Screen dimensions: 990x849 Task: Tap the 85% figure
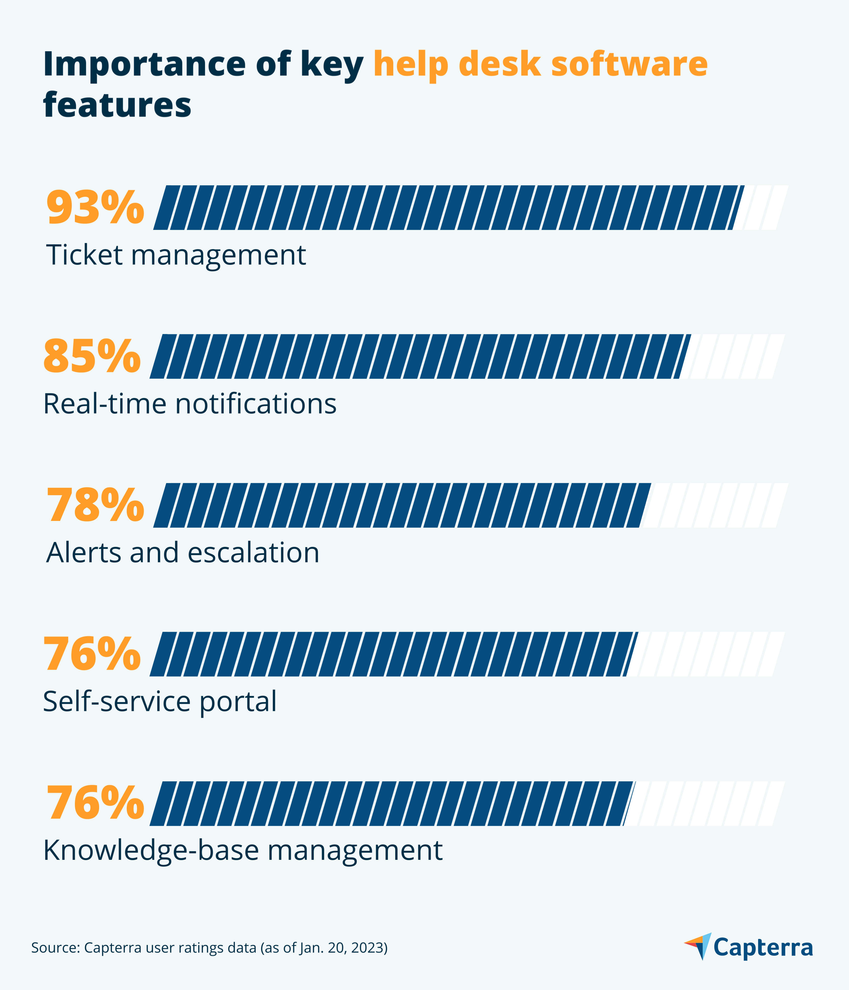[x=92, y=357]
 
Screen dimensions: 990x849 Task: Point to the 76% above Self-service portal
[x=92, y=655]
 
